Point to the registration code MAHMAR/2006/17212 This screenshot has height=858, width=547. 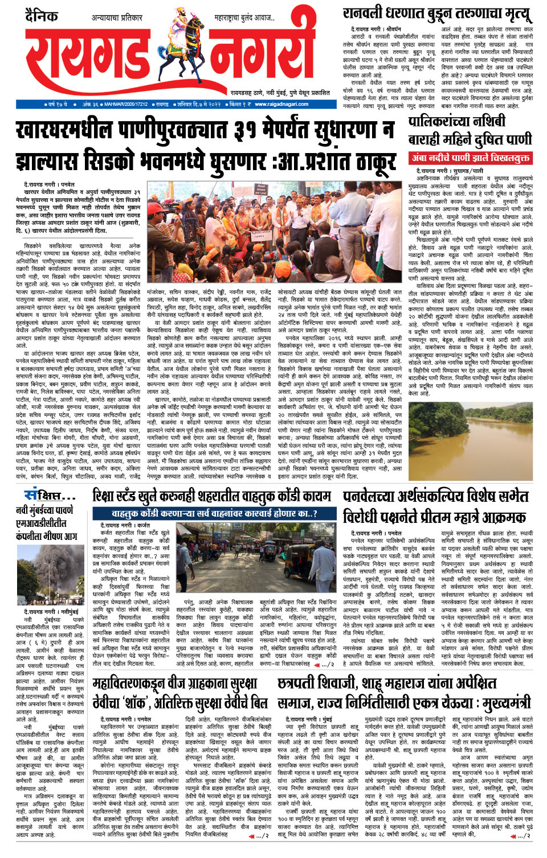click(x=126, y=105)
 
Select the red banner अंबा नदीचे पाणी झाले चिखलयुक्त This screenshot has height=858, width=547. click(x=471, y=158)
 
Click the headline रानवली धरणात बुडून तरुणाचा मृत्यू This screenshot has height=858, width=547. click(x=438, y=14)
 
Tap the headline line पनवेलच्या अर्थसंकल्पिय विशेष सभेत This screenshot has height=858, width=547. click(x=436, y=496)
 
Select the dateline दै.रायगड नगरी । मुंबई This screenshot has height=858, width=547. click(x=309, y=719)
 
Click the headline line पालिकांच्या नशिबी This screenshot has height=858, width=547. click(x=456, y=122)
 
